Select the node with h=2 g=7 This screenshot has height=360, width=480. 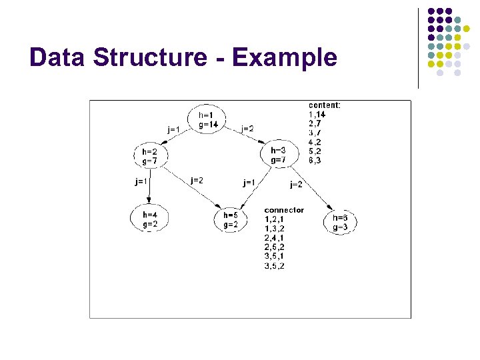click(x=150, y=156)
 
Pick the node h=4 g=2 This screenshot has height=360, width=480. click(x=149, y=219)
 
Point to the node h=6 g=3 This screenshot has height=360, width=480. click(x=340, y=222)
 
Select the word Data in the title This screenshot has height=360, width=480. click(x=59, y=57)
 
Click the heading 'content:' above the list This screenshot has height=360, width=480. click(x=325, y=105)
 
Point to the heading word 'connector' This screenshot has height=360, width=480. click(x=284, y=210)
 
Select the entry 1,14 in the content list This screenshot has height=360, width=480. click(x=317, y=114)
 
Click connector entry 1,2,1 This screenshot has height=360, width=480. click(x=274, y=219)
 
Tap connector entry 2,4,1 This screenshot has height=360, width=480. click(x=274, y=237)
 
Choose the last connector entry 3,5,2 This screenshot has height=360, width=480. click(x=274, y=266)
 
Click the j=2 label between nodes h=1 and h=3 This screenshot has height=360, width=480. click(x=247, y=129)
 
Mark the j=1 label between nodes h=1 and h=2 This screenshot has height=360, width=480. click(x=173, y=129)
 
